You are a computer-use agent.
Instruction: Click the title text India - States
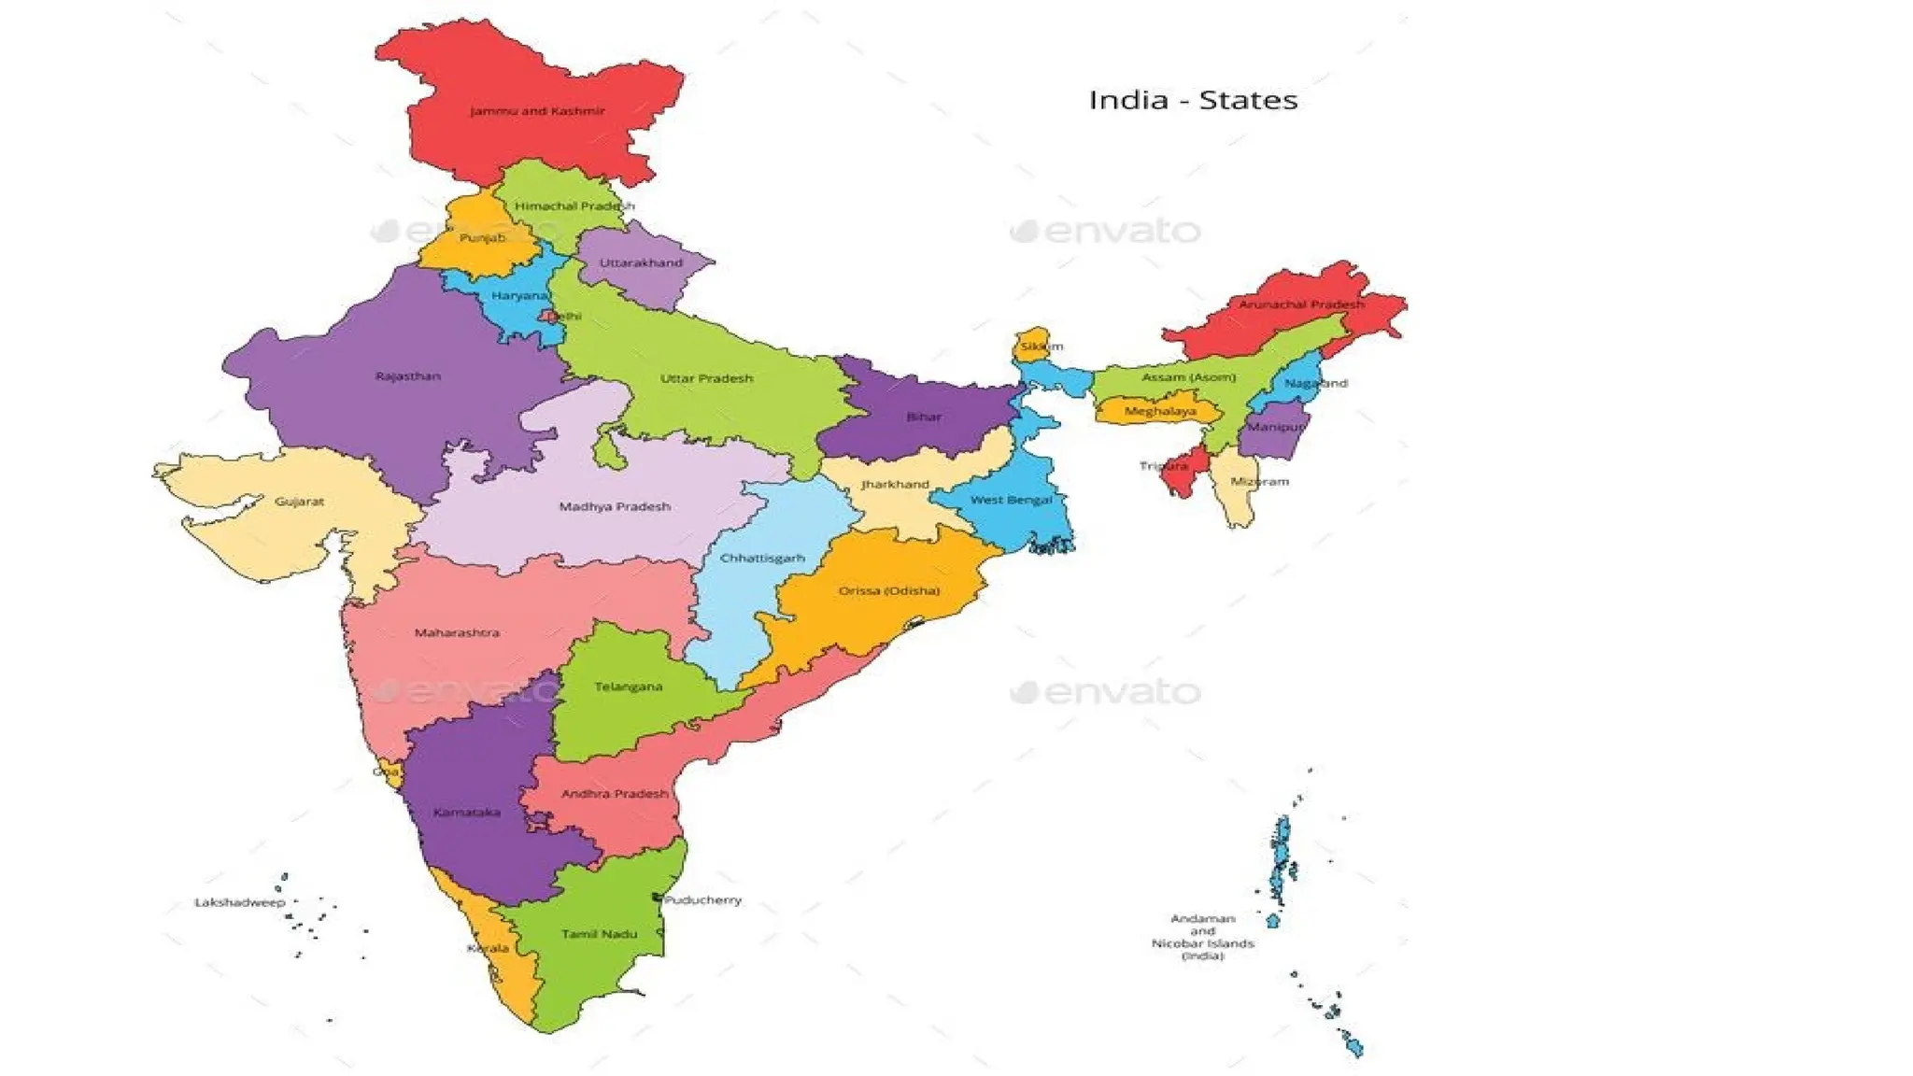(1193, 100)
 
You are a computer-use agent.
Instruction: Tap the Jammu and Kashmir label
(537, 111)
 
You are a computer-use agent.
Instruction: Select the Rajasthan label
(407, 376)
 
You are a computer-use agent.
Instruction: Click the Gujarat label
(299, 502)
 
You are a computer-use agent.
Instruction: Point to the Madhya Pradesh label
(615, 506)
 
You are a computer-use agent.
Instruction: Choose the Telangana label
(628, 687)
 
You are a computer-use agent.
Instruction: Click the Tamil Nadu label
(599, 933)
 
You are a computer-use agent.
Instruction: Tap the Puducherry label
(702, 900)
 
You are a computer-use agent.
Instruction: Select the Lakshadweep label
(239, 902)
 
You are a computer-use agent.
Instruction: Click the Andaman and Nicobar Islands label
(1202, 937)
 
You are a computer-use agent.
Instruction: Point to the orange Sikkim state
(1031, 343)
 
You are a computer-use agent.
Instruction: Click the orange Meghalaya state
(1158, 411)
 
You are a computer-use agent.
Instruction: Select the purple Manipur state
(1272, 430)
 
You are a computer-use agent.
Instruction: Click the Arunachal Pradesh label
(1300, 304)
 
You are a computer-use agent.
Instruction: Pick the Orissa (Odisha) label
(888, 590)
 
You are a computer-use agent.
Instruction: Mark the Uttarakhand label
(641, 262)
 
